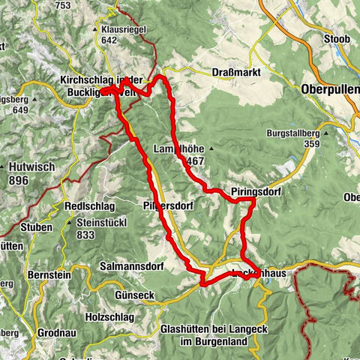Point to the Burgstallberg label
(296, 133)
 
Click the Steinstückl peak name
(106, 223)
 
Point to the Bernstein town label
(52, 275)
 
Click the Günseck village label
(135, 295)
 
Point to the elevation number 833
(88, 235)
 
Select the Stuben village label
(37, 227)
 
